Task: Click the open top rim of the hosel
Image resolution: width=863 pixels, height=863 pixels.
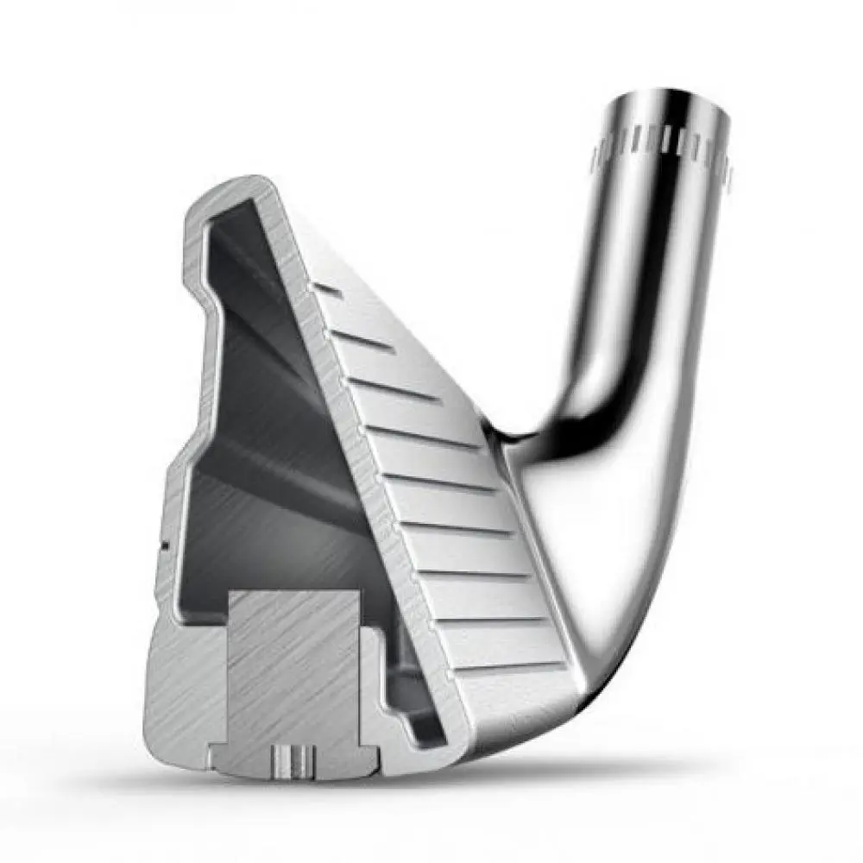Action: tap(669, 98)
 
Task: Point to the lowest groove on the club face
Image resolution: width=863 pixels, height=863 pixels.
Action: tap(509, 669)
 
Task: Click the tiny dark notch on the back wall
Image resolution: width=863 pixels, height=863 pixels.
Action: tap(161, 545)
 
